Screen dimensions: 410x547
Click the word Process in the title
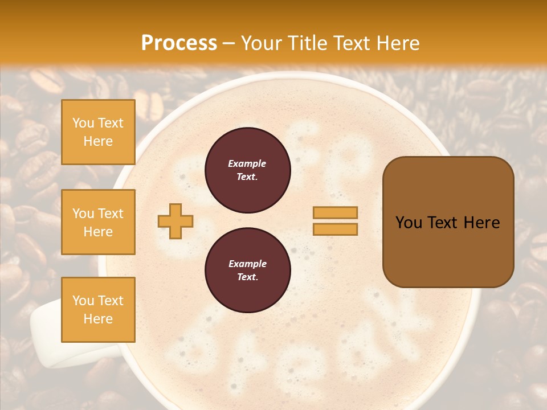click(x=179, y=43)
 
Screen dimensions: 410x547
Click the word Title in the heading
click(x=305, y=43)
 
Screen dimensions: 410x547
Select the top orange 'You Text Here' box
click(x=98, y=132)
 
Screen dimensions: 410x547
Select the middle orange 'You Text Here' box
click(x=98, y=222)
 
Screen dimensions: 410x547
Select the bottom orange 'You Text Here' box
click(x=98, y=310)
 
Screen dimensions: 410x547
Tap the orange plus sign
click(x=175, y=221)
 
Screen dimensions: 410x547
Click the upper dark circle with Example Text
click(x=247, y=170)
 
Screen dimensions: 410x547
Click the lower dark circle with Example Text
click(x=247, y=270)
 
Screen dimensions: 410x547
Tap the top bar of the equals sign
click(x=335, y=212)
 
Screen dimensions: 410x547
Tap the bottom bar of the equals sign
click(x=335, y=229)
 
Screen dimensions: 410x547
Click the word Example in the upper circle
click(x=247, y=163)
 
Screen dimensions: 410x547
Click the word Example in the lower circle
click(x=247, y=264)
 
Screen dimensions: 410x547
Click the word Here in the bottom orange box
click(x=98, y=319)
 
